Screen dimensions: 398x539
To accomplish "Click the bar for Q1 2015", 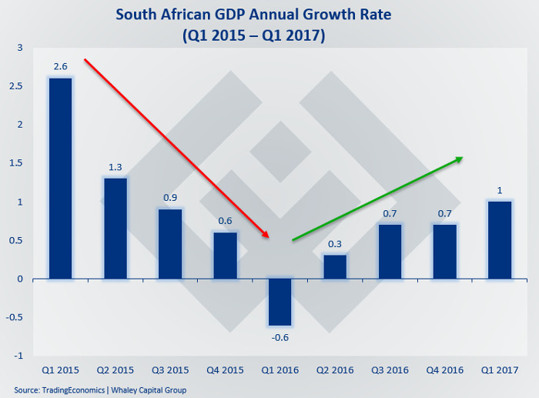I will click(61, 178).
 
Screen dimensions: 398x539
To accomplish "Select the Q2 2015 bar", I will click(115, 228).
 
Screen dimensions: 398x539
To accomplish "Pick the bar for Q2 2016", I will click(335, 266).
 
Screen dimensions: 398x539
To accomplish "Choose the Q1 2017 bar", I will click(500, 239).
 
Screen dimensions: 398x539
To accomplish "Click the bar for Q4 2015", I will click(226, 255).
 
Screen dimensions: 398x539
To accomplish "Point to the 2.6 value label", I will click(61, 68).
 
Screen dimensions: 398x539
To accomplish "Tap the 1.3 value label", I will click(115, 168).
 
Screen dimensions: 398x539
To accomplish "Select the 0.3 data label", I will click(335, 244).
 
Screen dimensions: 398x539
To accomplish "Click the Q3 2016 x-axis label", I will click(390, 370).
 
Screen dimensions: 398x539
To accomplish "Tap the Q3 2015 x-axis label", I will click(170, 370).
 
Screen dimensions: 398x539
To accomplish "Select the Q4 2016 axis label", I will click(445, 370).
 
